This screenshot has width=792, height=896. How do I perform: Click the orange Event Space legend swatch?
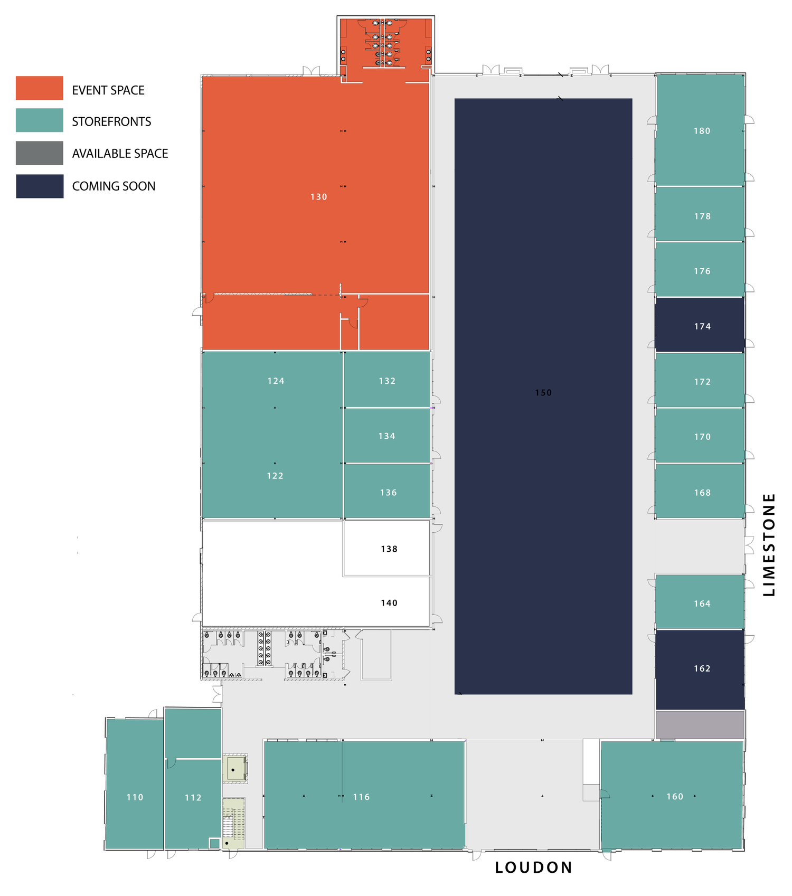click(x=40, y=88)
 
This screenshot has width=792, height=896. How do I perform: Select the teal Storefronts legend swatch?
click(x=40, y=120)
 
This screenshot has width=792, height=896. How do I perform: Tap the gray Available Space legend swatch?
click(x=40, y=153)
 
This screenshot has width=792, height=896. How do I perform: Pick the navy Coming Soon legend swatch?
click(x=40, y=186)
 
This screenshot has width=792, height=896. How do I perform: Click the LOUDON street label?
click(x=534, y=867)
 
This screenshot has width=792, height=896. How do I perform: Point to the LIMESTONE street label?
click(x=769, y=545)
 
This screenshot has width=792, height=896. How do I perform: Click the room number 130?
click(x=319, y=197)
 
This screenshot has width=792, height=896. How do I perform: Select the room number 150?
click(x=543, y=392)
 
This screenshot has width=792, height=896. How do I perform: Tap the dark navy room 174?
click(x=700, y=324)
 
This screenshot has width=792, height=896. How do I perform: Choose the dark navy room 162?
click(x=700, y=669)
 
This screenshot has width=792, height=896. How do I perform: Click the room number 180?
click(x=702, y=131)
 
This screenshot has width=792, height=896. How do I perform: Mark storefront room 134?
click(x=387, y=436)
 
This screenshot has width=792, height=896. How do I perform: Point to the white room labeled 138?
click(x=386, y=548)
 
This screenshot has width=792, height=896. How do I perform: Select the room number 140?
click(x=389, y=603)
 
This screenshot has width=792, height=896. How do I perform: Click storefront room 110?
click(x=135, y=784)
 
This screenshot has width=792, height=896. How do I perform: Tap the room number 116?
click(x=362, y=797)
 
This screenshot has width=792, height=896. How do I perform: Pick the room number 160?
click(x=675, y=796)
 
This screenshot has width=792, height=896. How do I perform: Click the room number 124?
click(x=276, y=381)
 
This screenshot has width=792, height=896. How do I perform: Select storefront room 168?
click(x=700, y=491)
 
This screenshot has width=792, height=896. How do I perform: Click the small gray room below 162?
click(x=700, y=724)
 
